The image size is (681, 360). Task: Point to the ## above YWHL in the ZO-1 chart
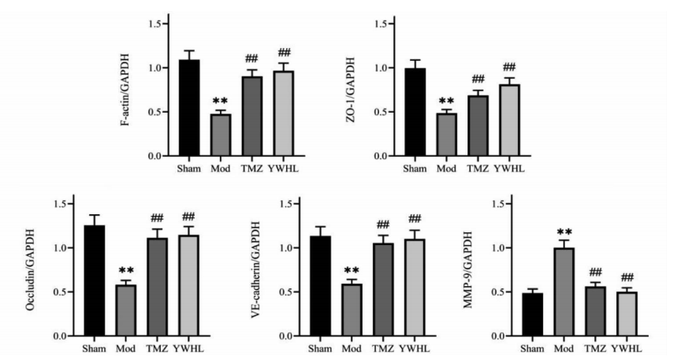pos(509,66)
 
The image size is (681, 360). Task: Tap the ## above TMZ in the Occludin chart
pos(156,218)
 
